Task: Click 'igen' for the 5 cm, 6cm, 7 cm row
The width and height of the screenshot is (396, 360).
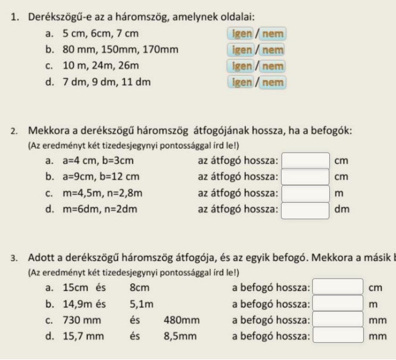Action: click(x=240, y=34)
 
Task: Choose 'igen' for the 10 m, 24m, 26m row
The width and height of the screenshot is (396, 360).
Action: click(x=240, y=66)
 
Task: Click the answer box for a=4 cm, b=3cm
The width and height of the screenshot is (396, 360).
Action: click(x=305, y=160)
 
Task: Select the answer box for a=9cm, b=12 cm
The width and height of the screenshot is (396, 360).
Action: click(x=305, y=177)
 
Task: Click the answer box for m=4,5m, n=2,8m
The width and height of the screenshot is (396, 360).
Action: click(x=305, y=193)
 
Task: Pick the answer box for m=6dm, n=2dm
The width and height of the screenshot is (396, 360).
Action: click(x=305, y=210)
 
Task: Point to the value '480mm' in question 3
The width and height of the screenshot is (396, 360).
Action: click(x=182, y=320)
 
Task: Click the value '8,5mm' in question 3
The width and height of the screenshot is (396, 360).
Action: click(x=180, y=336)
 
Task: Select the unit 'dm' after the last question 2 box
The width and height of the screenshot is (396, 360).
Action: click(x=342, y=210)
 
